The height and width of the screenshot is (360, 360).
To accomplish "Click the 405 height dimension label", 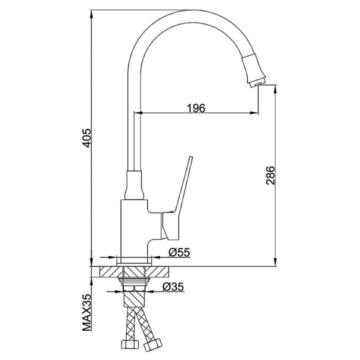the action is pyautogui.click(x=87, y=138).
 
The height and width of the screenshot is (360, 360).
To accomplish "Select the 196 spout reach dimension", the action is pyautogui.click(x=196, y=108).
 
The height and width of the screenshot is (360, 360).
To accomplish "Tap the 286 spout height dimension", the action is pyautogui.click(x=270, y=175).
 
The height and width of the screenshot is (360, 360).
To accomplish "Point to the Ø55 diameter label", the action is pyautogui.click(x=179, y=252).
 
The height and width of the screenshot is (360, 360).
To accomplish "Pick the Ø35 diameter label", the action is pyautogui.click(x=173, y=287).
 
